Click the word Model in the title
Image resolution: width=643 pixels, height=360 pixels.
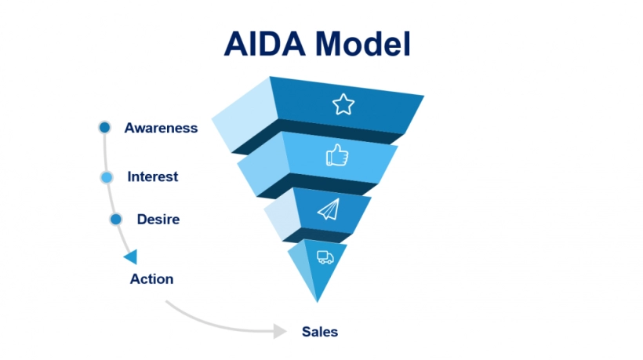364,44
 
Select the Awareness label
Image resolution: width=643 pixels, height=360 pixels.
161,128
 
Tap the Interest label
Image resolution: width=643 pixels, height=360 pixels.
152,176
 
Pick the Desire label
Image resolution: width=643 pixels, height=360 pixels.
158,219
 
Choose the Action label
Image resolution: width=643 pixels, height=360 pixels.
151,278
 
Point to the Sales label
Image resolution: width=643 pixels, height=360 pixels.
320,331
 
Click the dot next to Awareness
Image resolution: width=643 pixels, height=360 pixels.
104,127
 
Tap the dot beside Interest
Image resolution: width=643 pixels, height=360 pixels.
107,177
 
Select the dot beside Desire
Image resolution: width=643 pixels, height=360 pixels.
116,219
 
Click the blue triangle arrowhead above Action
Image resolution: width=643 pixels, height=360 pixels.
131,256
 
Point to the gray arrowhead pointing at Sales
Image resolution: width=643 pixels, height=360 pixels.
279,331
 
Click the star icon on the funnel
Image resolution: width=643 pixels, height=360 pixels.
343,104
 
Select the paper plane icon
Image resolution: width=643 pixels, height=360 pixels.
329,209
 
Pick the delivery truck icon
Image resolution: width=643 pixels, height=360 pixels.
325,256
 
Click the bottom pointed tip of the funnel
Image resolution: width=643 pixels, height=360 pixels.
317,300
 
